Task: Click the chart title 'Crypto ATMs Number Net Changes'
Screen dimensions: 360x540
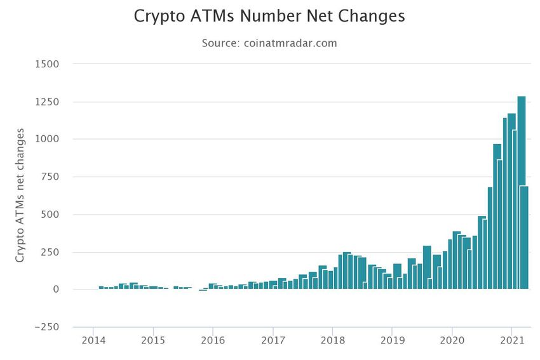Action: tap(269, 17)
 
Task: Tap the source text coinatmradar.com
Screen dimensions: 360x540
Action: tap(290, 43)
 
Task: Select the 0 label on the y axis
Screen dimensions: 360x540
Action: tap(56, 290)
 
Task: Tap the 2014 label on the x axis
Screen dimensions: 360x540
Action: tap(93, 340)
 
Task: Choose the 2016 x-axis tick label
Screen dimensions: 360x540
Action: tap(213, 340)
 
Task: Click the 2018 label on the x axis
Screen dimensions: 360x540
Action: tap(332, 340)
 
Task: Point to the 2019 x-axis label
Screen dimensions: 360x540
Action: tap(392, 340)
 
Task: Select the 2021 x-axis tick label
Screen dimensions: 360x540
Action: tap(511, 340)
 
